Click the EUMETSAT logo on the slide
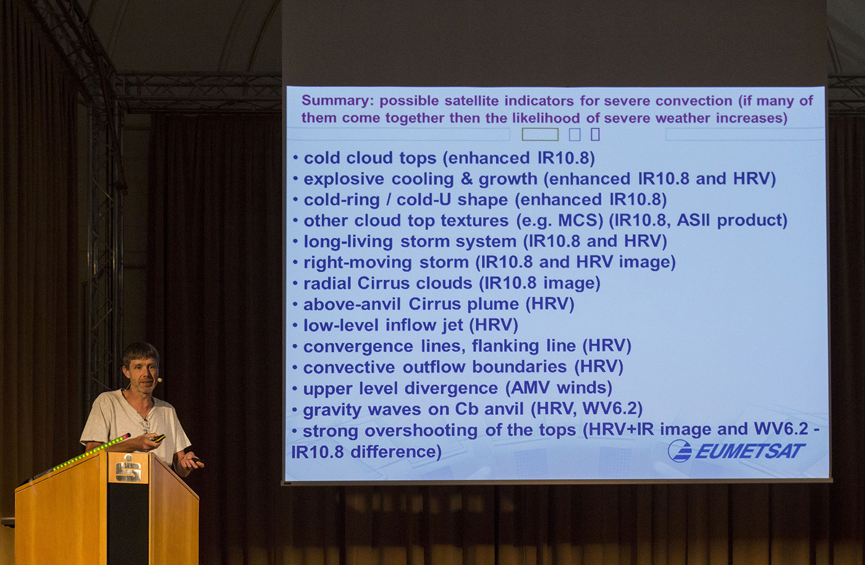tap(736, 451)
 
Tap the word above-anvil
tap(352, 304)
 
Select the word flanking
tap(505, 346)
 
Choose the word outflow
tap(434, 367)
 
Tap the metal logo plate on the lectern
tap(129, 468)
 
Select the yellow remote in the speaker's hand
tap(158, 438)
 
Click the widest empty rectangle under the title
tap(540, 135)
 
